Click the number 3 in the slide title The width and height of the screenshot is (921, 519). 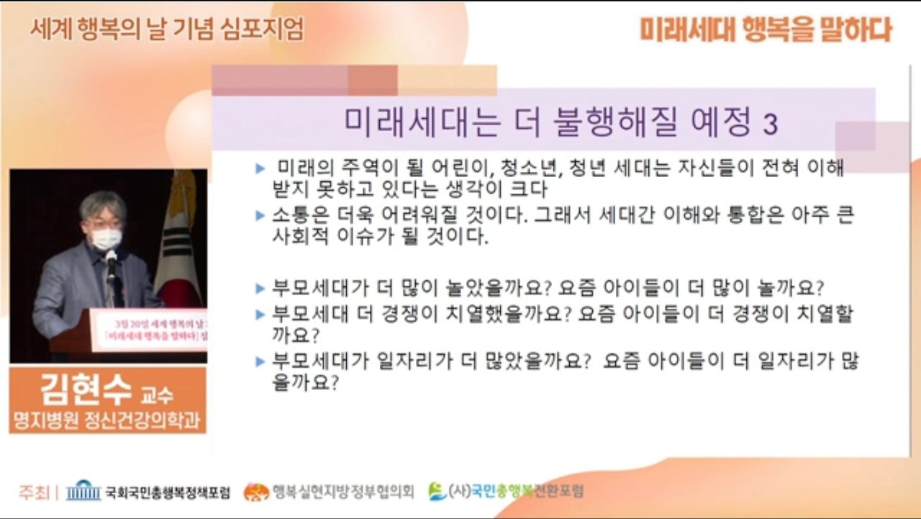(x=770, y=125)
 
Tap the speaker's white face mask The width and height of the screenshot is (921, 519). (x=106, y=238)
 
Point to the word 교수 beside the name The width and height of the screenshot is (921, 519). (x=158, y=396)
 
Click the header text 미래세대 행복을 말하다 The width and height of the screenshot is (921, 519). (x=766, y=30)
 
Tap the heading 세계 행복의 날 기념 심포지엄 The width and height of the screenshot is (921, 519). (x=167, y=30)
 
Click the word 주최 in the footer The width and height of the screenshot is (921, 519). (x=34, y=492)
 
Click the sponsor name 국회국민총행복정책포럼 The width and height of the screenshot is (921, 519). (x=168, y=493)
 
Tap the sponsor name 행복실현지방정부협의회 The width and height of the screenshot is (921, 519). (x=342, y=492)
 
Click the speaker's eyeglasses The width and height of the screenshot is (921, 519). (x=103, y=224)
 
